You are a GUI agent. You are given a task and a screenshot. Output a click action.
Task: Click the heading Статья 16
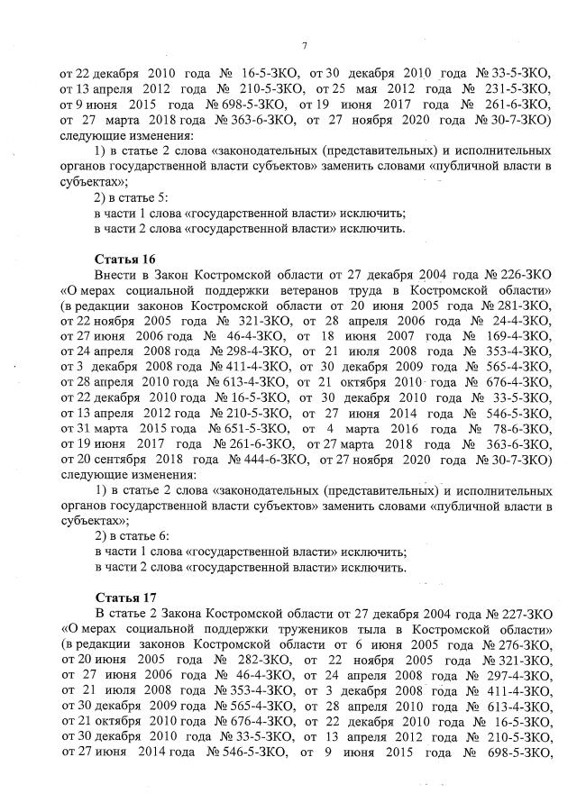(x=120, y=260)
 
